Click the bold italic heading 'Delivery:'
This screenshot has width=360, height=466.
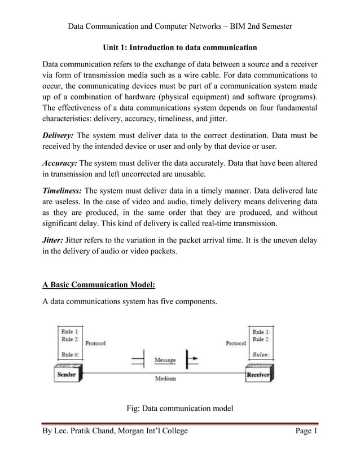[58, 136]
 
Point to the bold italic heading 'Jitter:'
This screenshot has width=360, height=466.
[54, 240]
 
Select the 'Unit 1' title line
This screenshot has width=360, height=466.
[179, 47]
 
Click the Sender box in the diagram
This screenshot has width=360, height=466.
[67, 374]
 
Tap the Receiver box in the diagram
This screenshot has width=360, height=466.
[258, 374]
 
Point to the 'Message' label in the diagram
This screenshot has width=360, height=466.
[165, 360]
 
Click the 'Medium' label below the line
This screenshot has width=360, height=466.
[165, 379]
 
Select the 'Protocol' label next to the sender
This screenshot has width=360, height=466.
[95, 342]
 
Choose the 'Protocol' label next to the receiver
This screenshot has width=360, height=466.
[235, 342]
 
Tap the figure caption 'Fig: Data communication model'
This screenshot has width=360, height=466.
[179, 409]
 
